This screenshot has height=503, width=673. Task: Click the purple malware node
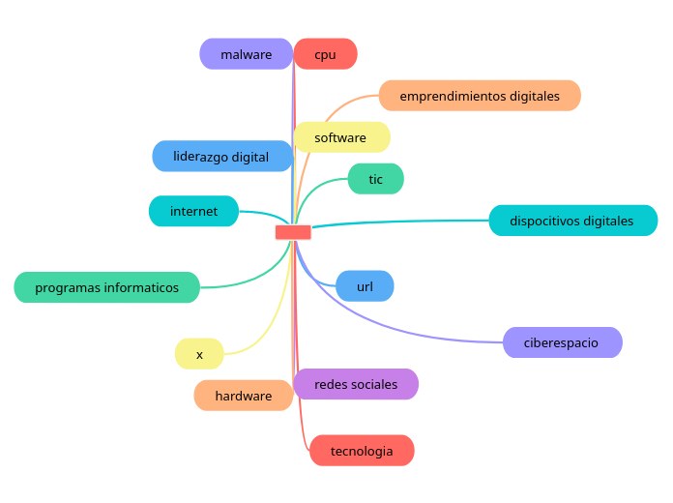pos(246,54)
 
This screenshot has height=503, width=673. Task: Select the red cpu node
pos(325,54)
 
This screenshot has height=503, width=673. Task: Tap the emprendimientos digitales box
pos(480,96)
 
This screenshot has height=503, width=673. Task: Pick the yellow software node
pos(340,137)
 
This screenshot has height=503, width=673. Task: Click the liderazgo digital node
pos(221,156)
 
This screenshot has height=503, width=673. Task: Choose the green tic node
pos(375,179)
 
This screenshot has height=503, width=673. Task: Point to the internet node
pos(193,211)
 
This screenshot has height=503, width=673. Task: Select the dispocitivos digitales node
pos(571,221)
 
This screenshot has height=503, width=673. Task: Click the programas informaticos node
pos(106,287)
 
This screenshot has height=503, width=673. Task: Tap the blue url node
pos(365,286)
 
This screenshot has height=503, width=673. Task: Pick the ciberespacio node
pos(561,342)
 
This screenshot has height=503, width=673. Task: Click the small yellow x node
pos(199,354)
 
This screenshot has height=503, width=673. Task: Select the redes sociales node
pos(356,384)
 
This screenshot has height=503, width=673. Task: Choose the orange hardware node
pos(243,396)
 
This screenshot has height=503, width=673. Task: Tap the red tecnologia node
pos(362,451)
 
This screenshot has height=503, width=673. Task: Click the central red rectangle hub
pos(293,232)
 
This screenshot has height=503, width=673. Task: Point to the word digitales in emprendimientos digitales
pos(521,96)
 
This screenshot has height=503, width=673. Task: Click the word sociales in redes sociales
pos(375,384)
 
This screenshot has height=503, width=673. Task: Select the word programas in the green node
pos(63,287)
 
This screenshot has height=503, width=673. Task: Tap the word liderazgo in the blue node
pos(200,156)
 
